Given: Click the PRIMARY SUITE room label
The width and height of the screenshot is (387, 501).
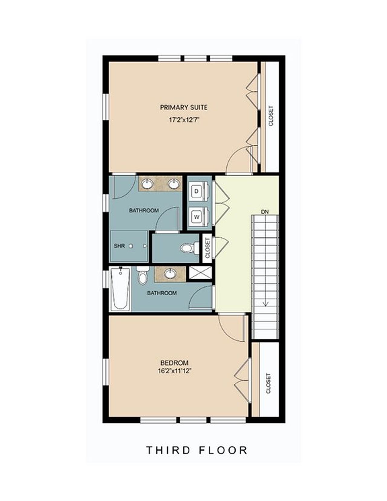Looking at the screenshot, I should point(184,107).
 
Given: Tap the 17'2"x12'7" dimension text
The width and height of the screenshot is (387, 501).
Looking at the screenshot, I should point(184,120).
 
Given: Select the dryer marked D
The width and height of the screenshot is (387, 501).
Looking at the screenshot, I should point(197,191).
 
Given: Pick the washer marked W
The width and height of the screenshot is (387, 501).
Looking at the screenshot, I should point(197,217).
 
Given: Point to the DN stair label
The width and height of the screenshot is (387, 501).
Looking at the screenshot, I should point(265,212).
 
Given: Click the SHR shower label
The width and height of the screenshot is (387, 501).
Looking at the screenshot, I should point(119,246).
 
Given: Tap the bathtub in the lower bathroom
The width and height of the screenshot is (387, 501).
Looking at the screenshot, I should point(120,289).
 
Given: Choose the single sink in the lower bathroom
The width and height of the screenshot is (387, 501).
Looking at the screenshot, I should point(170,273).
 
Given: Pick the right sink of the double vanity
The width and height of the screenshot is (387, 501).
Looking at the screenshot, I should point(174,183).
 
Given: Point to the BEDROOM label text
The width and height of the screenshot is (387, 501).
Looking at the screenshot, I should point(174,363).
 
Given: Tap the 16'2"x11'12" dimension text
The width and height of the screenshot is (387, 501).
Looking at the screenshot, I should point(175,371).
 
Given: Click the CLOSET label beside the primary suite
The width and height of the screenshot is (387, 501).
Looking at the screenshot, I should point(271,116).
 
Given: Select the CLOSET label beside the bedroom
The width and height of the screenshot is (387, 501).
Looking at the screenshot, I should point(268,383).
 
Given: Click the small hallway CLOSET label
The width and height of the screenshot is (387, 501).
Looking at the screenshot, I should point(208,248).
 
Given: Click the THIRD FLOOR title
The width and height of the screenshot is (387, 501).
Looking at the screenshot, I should point(197,450).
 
